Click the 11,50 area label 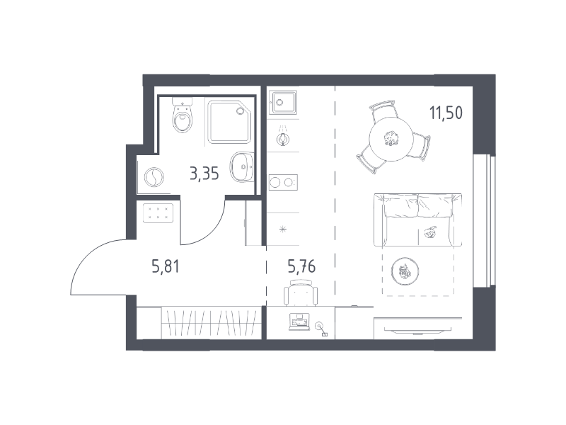click(446, 113)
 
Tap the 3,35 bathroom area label click(204, 174)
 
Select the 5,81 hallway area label click(166, 267)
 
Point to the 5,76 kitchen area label click(301, 267)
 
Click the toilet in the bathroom click(183, 115)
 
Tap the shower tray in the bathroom click(229, 121)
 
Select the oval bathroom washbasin click(242, 167)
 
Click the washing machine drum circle click(154, 177)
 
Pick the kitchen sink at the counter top click(283, 102)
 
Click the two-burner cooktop click(283, 182)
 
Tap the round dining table click(391, 138)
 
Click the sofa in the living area click(418, 220)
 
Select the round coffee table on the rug click(405, 271)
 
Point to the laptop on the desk click(299, 322)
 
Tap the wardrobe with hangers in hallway click(211, 323)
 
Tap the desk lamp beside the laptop click(321, 329)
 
